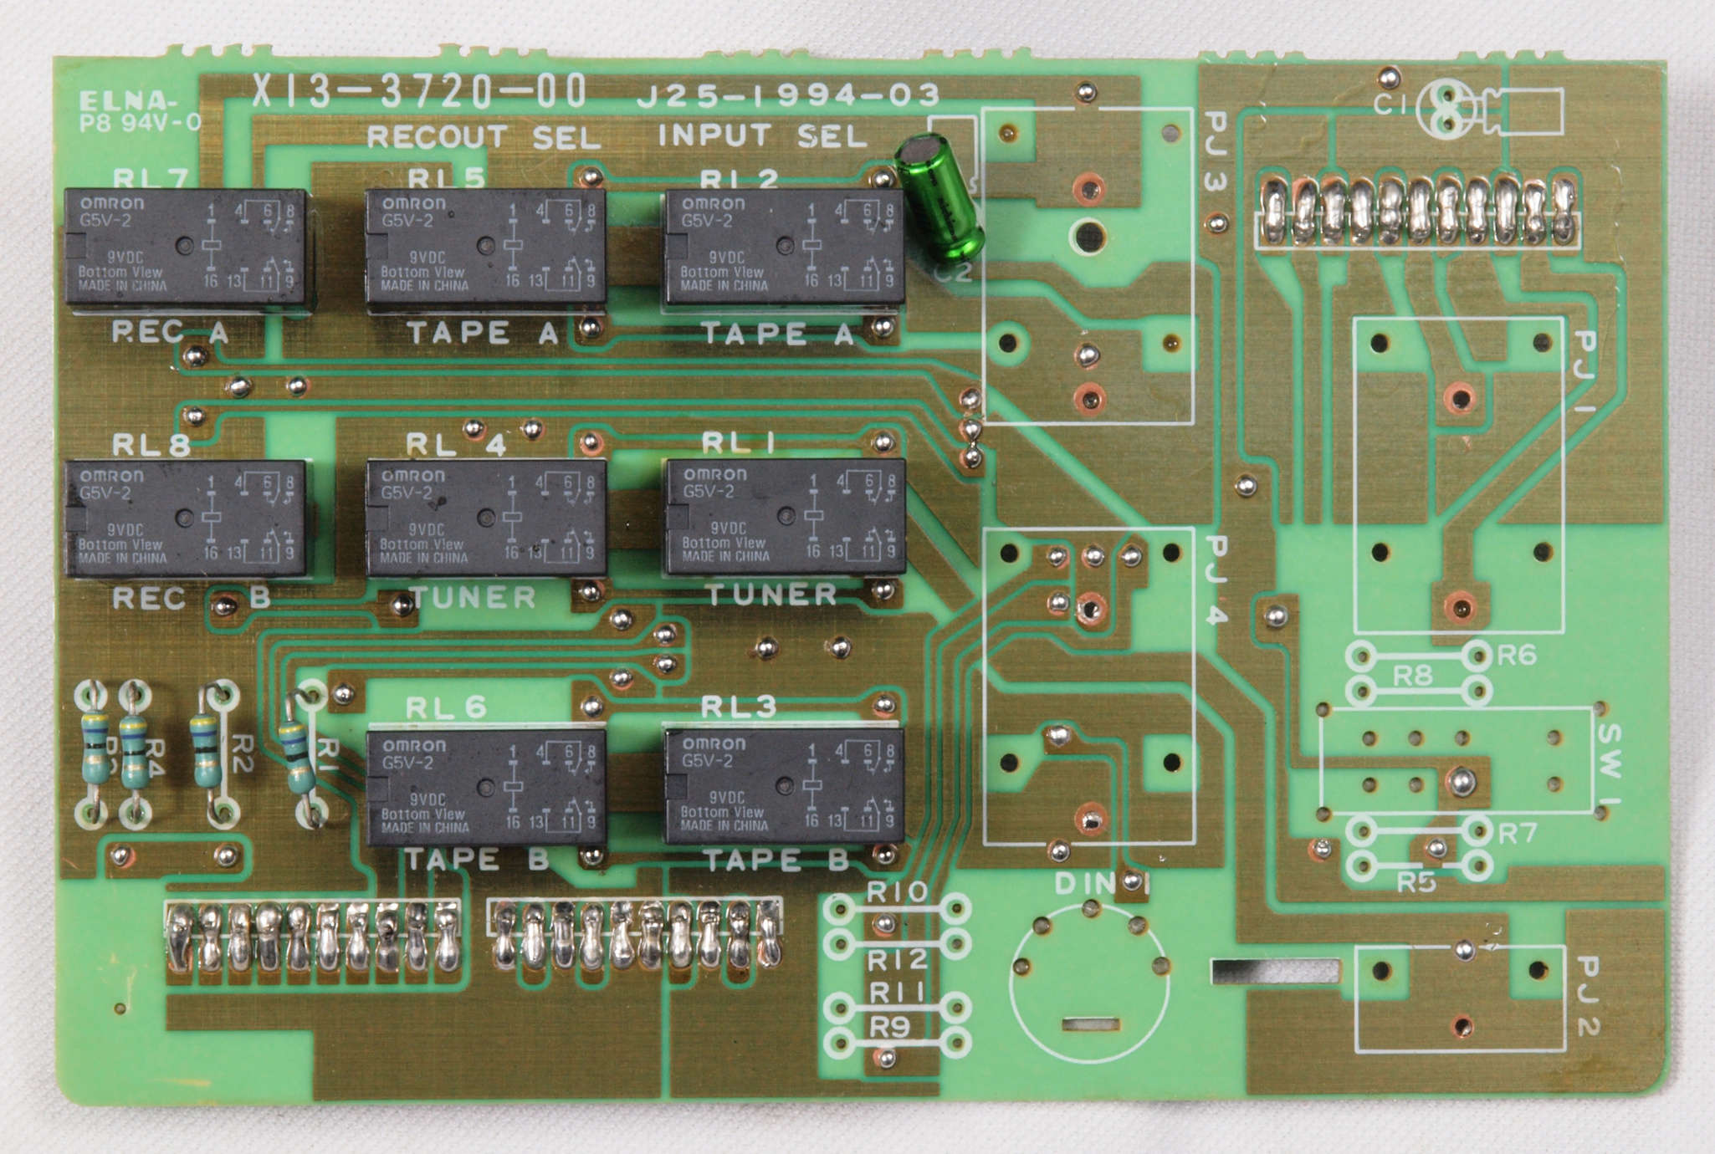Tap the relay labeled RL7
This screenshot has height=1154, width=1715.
point(189,248)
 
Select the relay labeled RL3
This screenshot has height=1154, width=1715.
point(784,786)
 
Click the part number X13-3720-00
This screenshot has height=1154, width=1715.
point(419,91)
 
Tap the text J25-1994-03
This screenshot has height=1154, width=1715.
point(787,95)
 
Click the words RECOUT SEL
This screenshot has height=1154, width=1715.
point(484,136)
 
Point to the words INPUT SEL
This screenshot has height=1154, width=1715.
point(761,135)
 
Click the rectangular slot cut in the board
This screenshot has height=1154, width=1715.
point(1273,971)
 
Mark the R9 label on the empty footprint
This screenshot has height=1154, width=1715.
point(888,1027)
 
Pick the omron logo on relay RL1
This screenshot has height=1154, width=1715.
point(714,475)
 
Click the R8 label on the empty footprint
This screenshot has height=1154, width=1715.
point(1413,675)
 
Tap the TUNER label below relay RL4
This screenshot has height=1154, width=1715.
point(474,597)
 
